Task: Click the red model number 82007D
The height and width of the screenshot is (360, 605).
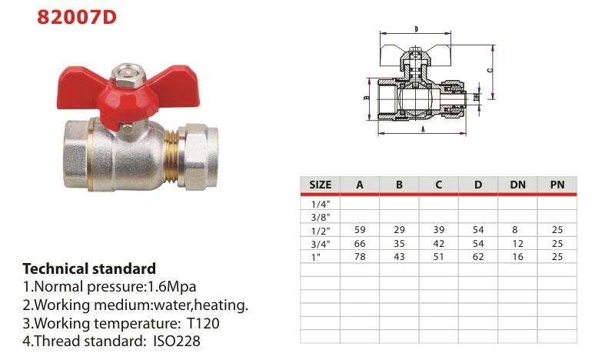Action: [77, 17]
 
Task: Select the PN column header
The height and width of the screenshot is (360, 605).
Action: [557, 185]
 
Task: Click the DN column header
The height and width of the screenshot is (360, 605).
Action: [517, 185]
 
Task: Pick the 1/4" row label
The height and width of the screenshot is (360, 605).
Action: [321, 204]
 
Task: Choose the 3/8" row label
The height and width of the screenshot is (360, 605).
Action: [321, 217]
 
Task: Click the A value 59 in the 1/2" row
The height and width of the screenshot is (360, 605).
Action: [360, 230]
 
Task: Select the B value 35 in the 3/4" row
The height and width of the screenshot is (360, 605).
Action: [399, 244]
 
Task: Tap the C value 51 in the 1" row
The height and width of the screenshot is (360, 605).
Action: [439, 257]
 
